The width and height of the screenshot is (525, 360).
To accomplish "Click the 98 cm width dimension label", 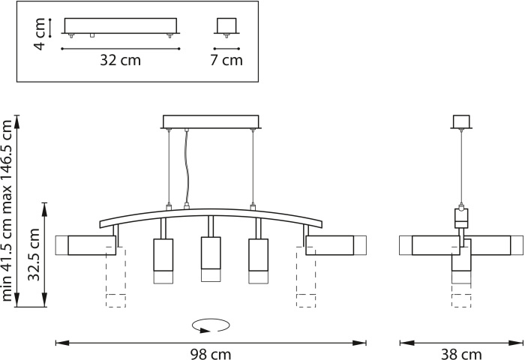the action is [x=211, y=354].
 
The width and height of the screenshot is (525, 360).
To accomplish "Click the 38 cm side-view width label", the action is [x=461, y=354].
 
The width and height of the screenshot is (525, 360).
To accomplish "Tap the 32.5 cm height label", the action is [x=34, y=254].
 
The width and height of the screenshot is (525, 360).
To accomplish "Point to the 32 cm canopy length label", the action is [x=121, y=60].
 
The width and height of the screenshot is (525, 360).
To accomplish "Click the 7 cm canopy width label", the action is [x=226, y=60].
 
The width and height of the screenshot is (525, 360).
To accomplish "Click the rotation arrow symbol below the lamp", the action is [x=211, y=325].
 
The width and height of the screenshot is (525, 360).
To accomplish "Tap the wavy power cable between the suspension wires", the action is [x=186, y=166].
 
